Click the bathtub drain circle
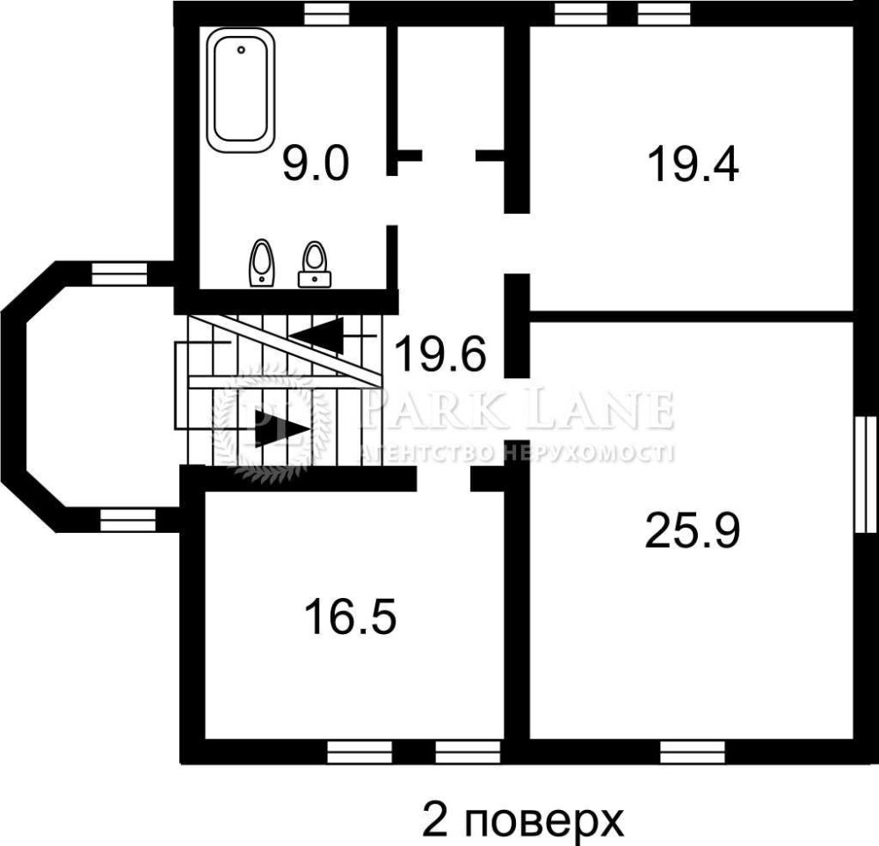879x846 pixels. point(241,50)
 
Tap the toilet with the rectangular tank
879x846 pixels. point(314,265)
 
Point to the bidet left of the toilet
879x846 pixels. point(261,263)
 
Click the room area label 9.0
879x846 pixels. point(316,164)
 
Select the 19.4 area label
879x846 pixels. point(693,164)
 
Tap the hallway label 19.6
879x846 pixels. point(440,354)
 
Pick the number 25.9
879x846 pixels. point(693,530)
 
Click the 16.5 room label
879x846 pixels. point(351,616)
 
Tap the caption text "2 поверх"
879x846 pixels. point(522,820)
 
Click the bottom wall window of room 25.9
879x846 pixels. point(693,752)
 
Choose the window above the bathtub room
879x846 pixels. point(327,13)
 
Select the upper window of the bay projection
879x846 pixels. point(120,274)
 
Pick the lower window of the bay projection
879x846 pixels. point(127,520)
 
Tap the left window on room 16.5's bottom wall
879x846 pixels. point(360,752)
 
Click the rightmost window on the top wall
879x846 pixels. point(665,13)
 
